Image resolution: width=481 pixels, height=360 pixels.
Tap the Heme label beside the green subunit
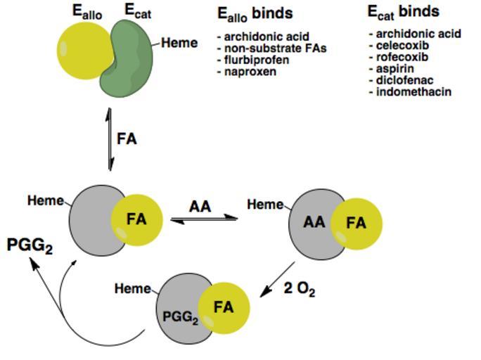179,43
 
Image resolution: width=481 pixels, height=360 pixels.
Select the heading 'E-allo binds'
255,13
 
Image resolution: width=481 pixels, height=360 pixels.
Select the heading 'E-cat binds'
404,12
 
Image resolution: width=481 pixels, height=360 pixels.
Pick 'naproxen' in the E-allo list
250,72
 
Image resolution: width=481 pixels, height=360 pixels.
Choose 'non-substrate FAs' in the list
271,49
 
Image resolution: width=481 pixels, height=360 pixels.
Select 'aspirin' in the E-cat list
395,69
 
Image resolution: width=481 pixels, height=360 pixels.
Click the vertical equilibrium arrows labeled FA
110,139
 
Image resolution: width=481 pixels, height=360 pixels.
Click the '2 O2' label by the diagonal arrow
299,289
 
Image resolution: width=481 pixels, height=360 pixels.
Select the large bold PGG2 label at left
30,246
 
